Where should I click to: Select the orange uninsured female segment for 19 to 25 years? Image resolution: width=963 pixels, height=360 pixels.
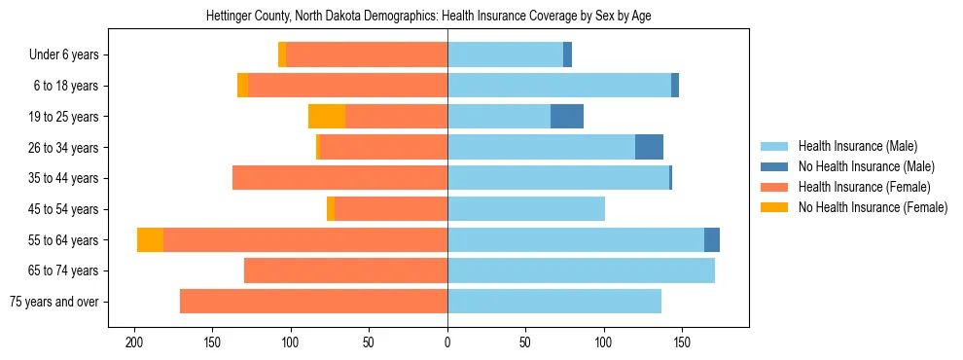[x=327, y=117]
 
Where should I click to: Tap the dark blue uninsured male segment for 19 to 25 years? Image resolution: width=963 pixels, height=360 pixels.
[x=567, y=117]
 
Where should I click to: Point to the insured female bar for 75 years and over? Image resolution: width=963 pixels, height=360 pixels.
[x=313, y=302]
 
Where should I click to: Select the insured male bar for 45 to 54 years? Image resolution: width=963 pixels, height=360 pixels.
[x=526, y=209]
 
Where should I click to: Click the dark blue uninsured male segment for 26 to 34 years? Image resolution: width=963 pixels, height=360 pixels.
[x=649, y=148]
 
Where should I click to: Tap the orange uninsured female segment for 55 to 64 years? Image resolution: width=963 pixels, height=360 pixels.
[x=150, y=240]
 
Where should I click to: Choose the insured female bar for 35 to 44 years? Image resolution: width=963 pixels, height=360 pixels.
[x=339, y=178]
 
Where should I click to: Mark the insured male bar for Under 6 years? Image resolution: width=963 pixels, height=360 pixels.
[x=505, y=55]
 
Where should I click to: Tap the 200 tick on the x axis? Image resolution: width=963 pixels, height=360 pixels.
[x=134, y=343]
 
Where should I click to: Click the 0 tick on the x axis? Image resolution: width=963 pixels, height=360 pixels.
[x=447, y=343]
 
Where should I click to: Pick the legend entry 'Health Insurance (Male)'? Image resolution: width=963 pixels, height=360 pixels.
[x=857, y=147]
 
